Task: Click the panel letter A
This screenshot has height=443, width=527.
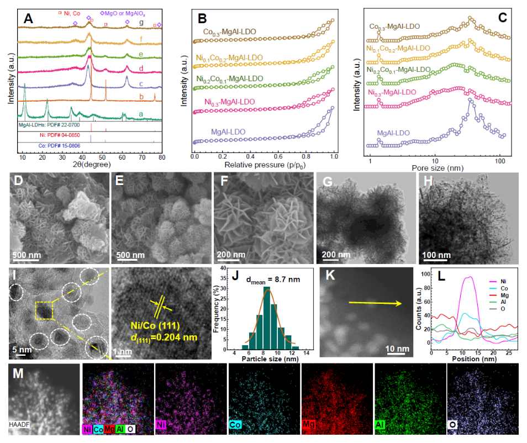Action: [x=29, y=20]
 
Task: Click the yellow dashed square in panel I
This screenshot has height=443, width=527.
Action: [x=44, y=311]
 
